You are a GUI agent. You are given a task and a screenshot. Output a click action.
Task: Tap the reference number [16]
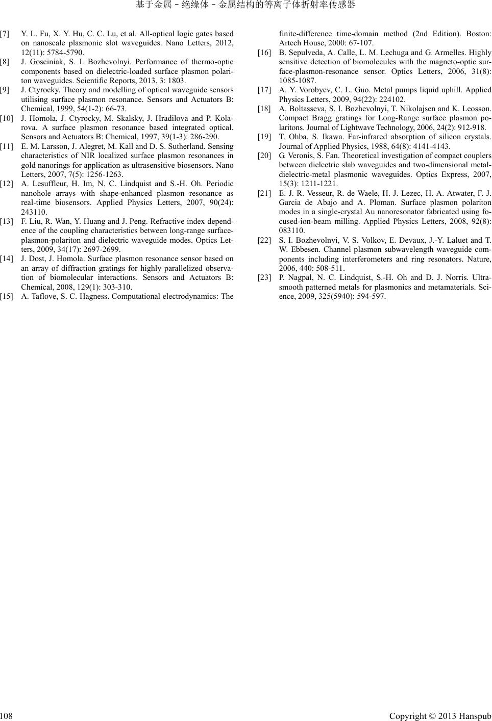(x=264, y=53)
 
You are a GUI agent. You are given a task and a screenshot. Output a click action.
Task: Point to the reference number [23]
(x=264, y=277)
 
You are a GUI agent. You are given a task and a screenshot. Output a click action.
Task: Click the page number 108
(x=7, y=716)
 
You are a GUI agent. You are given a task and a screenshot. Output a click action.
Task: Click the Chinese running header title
(x=245, y=6)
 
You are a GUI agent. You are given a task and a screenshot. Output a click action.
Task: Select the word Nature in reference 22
(x=479, y=259)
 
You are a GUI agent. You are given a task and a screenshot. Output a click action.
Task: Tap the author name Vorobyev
(x=305, y=90)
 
